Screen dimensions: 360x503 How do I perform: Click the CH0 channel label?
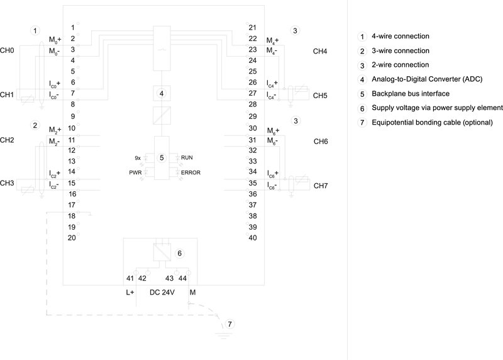tap(7, 50)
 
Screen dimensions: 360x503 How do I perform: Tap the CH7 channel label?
tap(321, 187)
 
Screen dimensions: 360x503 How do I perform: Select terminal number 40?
tap(252, 237)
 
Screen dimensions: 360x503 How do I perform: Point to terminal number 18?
tap(72, 215)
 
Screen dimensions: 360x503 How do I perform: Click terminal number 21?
tap(252, 28)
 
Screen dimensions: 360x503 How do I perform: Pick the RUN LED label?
tap(188, 156)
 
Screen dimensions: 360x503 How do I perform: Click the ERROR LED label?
tap(191, 172)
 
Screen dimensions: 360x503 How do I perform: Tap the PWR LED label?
tap(135, 172)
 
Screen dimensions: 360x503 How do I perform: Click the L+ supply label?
tap(130, 292)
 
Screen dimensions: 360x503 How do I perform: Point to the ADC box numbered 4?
tap(162, 94)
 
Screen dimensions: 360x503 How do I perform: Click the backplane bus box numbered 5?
tap(162, 157)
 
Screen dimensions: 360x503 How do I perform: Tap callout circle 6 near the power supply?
tap(180, 253)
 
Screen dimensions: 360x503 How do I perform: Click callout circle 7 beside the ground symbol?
tap(229, 324)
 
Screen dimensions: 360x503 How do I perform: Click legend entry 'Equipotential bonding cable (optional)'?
tap(433, 122)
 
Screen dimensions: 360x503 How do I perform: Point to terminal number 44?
tap(182, 278)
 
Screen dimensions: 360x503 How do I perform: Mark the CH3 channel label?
tap(7, 183)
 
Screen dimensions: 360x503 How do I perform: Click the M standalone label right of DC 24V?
tap(192, 292)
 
